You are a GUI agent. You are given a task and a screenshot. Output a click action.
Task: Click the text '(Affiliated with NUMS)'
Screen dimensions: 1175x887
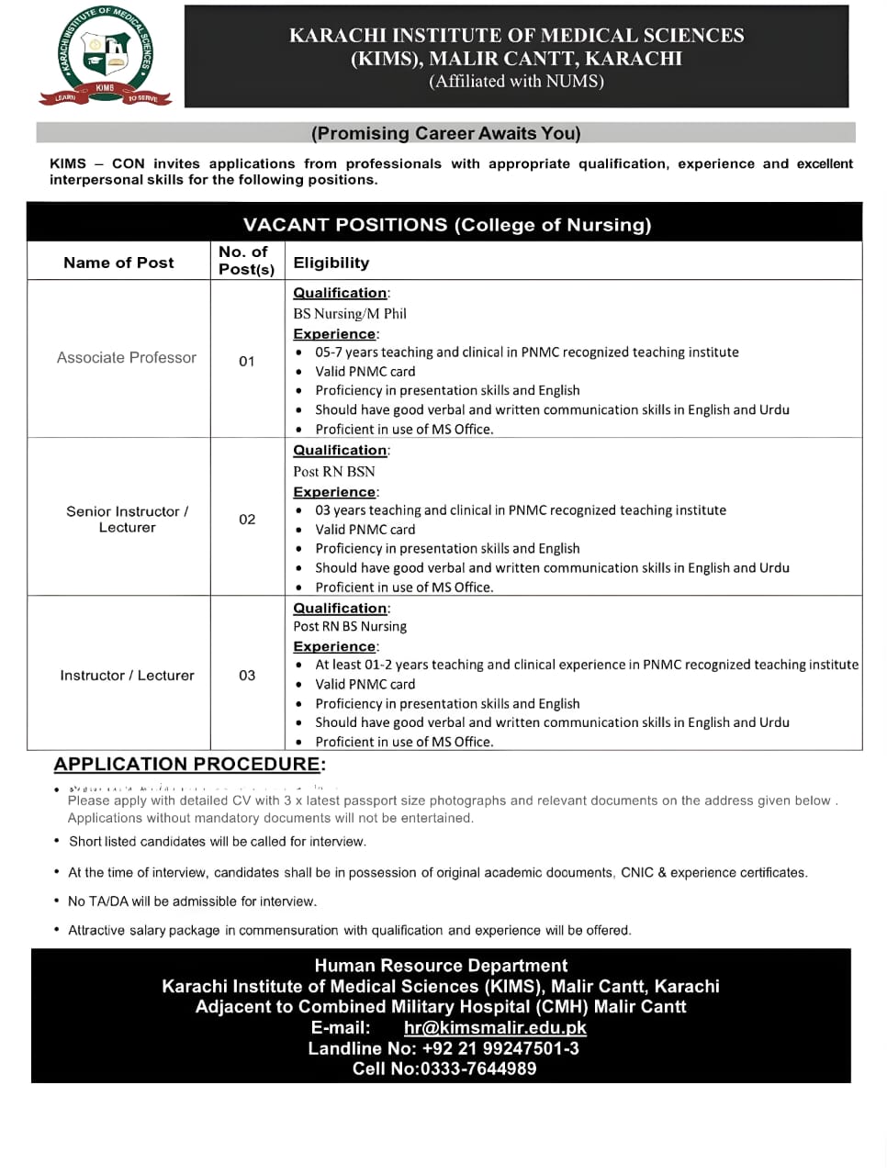516,81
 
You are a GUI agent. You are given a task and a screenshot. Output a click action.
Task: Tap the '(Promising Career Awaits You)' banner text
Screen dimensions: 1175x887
445,133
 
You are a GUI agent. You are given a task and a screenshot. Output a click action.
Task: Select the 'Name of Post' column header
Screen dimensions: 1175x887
118,263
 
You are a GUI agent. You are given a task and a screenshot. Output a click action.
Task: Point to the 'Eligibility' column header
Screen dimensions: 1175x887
331,263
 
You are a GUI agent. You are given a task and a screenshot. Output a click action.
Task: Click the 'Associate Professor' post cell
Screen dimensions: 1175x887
127,358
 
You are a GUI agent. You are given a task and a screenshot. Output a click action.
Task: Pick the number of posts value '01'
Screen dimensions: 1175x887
247,362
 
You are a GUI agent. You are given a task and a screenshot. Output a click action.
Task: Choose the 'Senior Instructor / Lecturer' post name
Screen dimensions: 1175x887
127,520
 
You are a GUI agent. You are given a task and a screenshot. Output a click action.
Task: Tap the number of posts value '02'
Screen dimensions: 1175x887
247,520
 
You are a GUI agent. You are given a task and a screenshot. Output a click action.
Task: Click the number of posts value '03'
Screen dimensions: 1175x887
247,676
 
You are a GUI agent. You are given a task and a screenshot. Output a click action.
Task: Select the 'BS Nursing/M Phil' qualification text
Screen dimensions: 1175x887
350,314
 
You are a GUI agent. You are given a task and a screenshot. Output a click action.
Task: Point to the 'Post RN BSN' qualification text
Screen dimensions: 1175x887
334,472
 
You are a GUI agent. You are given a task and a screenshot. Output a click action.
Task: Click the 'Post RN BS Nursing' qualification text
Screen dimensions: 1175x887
350,627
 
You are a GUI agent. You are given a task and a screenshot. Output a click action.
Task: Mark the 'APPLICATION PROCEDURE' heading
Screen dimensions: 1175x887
187,764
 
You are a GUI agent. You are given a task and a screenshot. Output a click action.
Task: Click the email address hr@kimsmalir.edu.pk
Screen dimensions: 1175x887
495,1028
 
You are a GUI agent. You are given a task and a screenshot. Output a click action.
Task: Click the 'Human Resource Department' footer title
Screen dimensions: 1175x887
441,966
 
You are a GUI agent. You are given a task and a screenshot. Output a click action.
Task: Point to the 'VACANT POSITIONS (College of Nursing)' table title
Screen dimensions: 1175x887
447,225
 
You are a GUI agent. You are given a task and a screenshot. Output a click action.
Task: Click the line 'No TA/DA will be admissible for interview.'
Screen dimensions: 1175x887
192,901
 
